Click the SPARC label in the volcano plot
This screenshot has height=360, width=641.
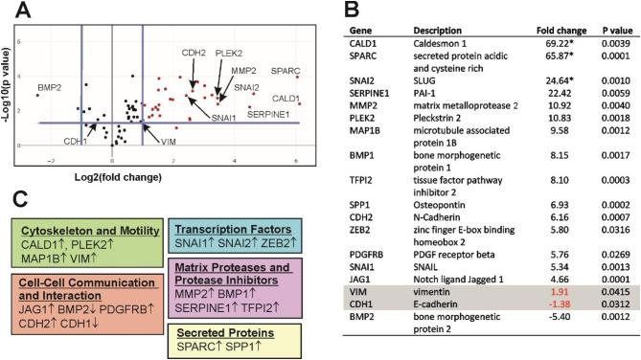click(285, 72)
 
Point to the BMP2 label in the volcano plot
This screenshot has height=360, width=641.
click(51, 89)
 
